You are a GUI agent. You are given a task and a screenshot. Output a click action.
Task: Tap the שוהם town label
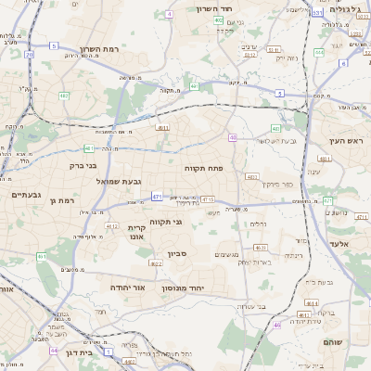click(333, 342)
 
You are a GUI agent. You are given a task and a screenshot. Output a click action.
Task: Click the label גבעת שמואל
click(119, 182)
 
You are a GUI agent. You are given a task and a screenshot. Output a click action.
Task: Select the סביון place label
click(178, 252)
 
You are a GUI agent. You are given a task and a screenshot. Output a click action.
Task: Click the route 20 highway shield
click(29, 55)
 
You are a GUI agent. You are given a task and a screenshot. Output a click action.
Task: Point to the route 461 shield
click(42, 256)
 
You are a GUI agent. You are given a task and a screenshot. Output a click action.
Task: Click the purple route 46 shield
click(276, 325)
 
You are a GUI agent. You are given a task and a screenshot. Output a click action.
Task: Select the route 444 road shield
click(318, 52)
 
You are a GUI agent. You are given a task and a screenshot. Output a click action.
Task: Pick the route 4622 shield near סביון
click(156, 263)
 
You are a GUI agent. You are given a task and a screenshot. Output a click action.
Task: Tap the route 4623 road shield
click(261, 248)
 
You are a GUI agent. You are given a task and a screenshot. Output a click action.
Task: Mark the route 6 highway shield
click(342, 64)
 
